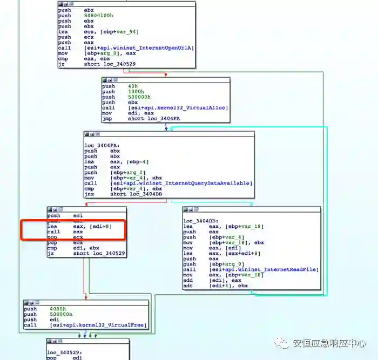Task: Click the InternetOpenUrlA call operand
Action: pos(139,48)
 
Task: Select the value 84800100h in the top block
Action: pos(100,16)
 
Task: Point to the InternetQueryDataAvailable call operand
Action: pos(181,183)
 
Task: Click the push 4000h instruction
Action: pos(45,309)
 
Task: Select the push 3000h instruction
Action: pos(123,91)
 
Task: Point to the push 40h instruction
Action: pos(120,86)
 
